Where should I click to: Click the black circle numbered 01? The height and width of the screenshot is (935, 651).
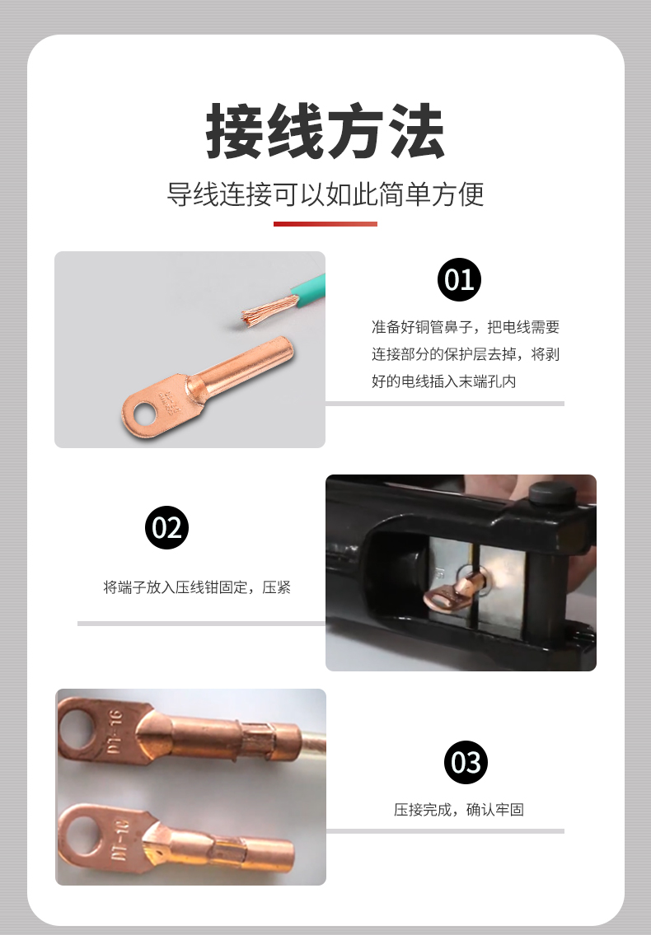click(x=459, y=279)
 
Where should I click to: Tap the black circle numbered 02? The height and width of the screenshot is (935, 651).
click(x=166, y=528)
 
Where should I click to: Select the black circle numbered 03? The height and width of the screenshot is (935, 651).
click(x=466, y=762)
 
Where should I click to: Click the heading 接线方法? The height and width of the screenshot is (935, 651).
click(x=325, y=131)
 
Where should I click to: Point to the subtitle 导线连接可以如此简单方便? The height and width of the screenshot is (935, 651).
click(x=325, y=194)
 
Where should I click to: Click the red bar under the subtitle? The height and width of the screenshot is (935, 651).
click(x=325, y=224)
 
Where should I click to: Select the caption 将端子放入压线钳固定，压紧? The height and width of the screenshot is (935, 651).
click(x=197, y=587)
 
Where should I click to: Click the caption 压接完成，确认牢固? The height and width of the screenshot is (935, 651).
click(x=459, y=809)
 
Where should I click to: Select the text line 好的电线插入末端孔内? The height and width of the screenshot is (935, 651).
click(x=444, y=381)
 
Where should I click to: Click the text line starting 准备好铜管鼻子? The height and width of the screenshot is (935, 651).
click(x=466, y=327)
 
